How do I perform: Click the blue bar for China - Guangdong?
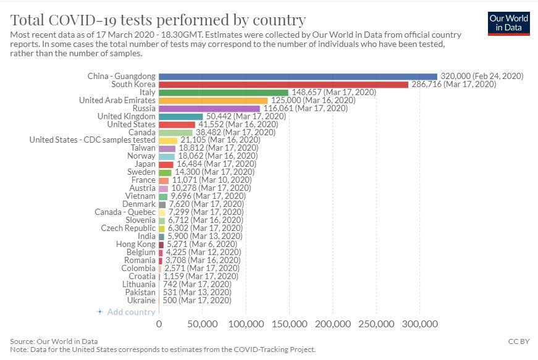click(298, 77)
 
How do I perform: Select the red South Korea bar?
click(284, 85)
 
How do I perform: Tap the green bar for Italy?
click(224, 93)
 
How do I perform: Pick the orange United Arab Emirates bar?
click(213, 101)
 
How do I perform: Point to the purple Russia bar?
click(209, 108)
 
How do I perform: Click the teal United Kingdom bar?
click(181, 117)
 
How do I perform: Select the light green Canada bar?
click(175, 132)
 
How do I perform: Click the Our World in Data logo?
click(508, 23)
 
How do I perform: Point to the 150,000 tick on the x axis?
click(289, 324)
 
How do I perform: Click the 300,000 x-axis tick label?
click(419, 324)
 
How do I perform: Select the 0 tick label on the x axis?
click(159, 324)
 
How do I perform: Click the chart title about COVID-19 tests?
click(158, 20)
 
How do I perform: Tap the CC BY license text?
click(519, 341)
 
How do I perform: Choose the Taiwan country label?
click(143, 148)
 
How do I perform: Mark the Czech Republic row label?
click(128, 228)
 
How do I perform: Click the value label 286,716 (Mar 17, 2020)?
click(453, 85)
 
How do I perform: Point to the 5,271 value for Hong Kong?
click(177, 244)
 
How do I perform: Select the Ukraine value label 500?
click(170, 300)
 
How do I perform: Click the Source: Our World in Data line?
click(54, 341)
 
